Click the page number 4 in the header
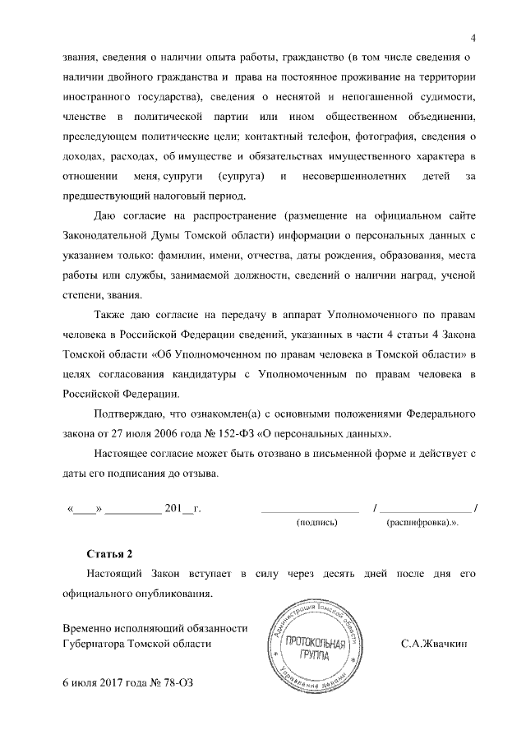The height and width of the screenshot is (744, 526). tap(474, 36)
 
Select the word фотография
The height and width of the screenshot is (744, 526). tap(418, 136)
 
